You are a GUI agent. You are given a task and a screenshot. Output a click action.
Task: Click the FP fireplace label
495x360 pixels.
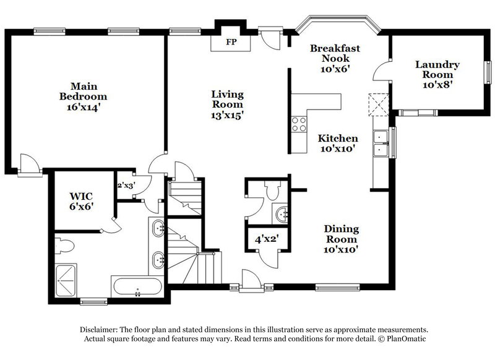231,43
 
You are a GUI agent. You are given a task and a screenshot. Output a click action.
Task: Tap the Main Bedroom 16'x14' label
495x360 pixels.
83,98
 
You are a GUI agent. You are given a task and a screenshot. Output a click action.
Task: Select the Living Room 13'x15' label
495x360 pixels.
228,106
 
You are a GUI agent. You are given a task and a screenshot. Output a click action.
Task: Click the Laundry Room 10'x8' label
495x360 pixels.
437,74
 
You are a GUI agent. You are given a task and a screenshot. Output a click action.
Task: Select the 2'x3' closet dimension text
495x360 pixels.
126,185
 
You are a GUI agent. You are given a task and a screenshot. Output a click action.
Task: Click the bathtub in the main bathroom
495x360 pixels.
137,287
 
